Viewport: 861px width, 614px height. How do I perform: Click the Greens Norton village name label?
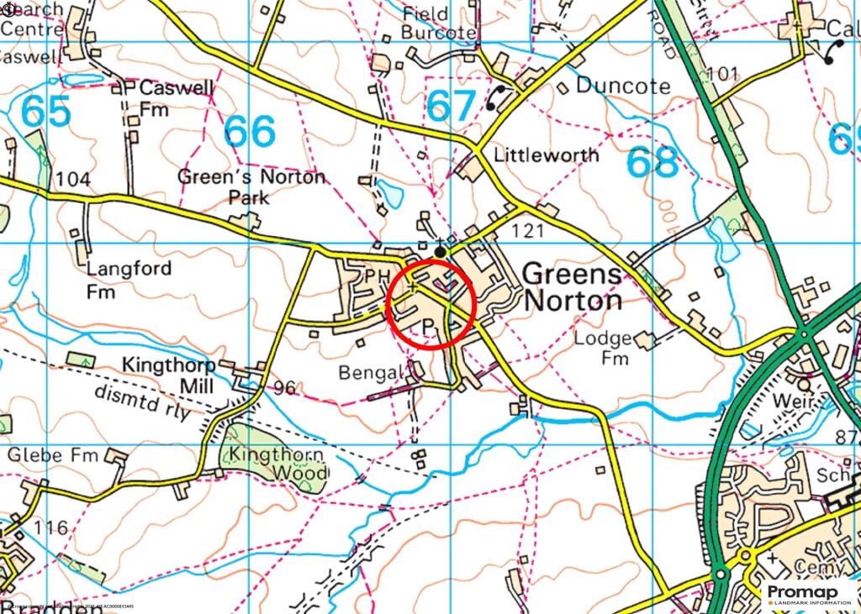(572, 287)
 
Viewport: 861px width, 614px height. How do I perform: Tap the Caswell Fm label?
(165, 98)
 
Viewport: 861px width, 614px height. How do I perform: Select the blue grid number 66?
(250, 131)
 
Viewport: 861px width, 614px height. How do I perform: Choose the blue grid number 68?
(653, 162)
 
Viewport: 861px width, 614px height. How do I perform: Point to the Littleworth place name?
(547, 155)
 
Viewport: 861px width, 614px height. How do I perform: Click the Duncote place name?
(623, 87)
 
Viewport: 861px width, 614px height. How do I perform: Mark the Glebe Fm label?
(53, 454)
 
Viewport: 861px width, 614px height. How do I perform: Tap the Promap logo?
(808, 594)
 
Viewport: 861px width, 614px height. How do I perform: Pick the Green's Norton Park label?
(251, 187)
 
